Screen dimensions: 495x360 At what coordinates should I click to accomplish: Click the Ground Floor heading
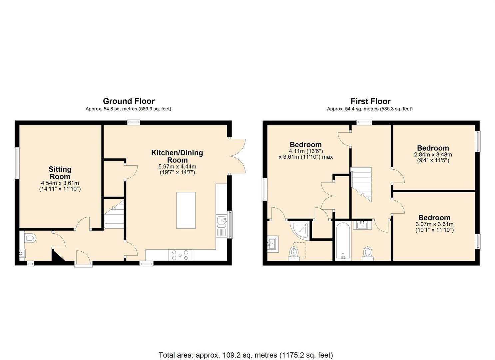click(129, 101)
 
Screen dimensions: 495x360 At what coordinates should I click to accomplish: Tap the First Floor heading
click(370, 101)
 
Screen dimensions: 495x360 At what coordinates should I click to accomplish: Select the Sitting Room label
click(60, 173)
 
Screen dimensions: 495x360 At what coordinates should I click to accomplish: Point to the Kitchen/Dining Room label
click(177, 156)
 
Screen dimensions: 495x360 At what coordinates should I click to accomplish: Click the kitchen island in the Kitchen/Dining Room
click(186, 210)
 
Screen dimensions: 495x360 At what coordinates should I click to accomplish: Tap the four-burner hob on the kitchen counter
click(180, 255)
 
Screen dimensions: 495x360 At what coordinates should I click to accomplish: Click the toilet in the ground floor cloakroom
click(30, 238)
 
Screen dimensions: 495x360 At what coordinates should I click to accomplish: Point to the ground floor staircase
click(114, 214)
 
